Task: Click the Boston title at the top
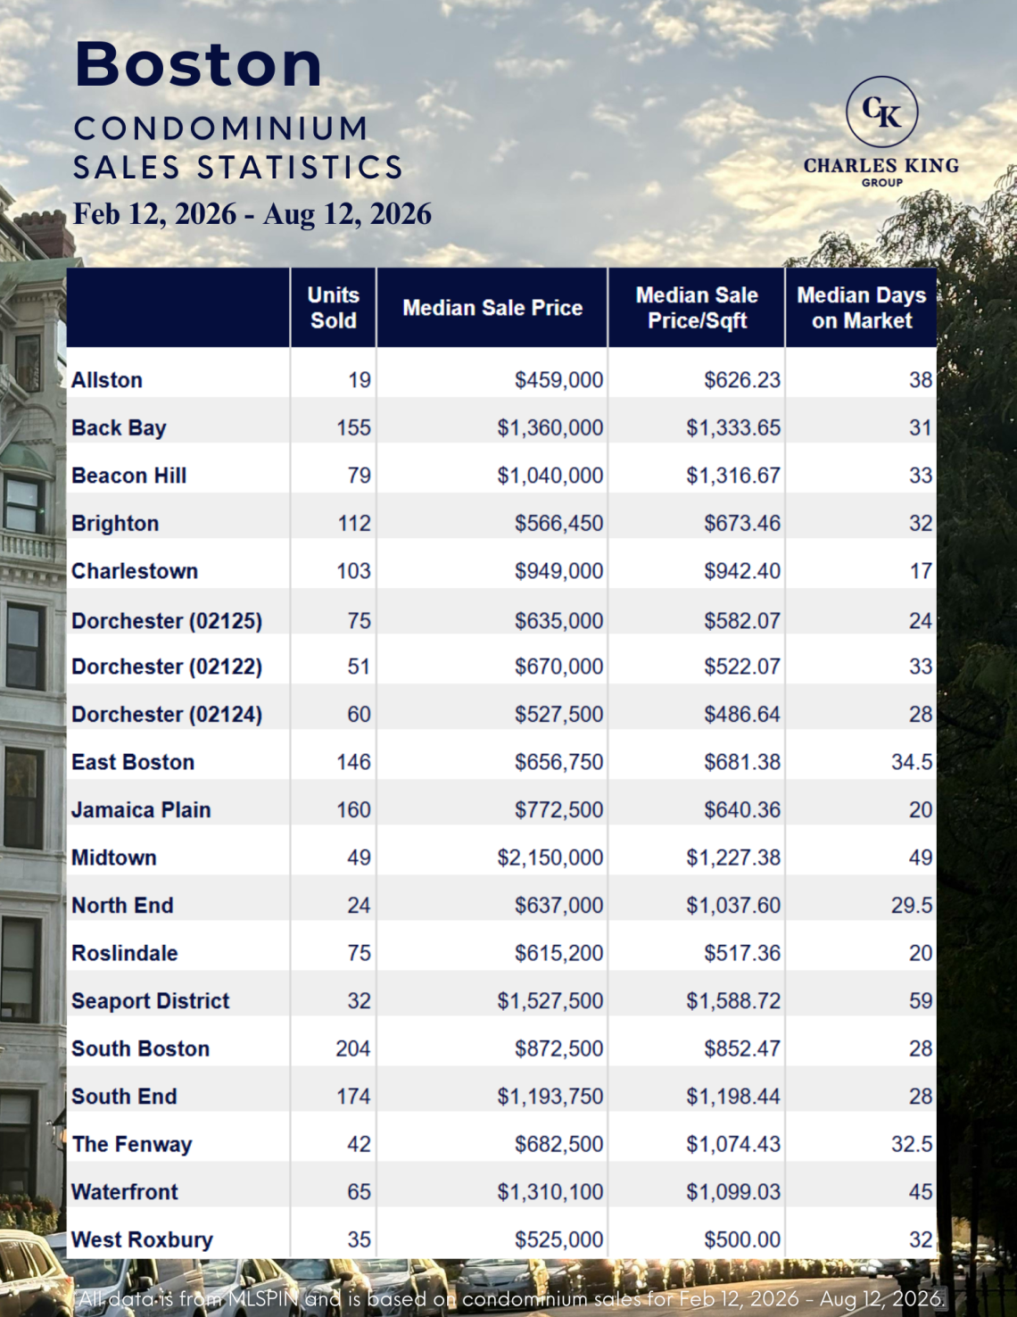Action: (x=198, y=64)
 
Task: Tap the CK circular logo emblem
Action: (x=881, y=112)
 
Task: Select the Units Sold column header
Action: (x=333, y=308)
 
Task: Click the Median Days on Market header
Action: (x=862, y=308)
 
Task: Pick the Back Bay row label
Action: (x=119, y=428)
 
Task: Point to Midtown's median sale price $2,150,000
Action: (x=550, y=857)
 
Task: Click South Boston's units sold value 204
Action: (x=353, y=1048)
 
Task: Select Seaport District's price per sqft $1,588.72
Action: (x=733, y=1000)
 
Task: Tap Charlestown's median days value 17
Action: (x=922, y=571)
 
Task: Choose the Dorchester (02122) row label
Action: (x=167, y=667)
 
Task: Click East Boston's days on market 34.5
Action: (x=912, y=762)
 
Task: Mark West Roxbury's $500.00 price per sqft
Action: (x=742, y=1239)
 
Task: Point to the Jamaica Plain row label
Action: (x=141, y=809)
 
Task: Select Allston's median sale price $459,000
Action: (x=559, y=380)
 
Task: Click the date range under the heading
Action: (x=252, y=214)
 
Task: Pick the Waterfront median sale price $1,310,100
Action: (x=550, y=1191)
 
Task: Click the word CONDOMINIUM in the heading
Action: (x=221, y=128)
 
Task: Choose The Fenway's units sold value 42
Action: (x=359, y=1144)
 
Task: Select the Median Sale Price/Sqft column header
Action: (x=697, y=308)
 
